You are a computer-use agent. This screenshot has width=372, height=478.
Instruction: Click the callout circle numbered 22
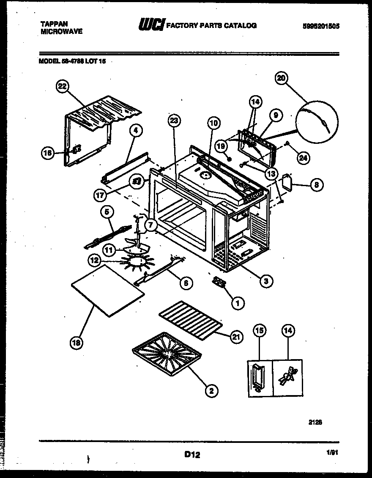click(62, 86)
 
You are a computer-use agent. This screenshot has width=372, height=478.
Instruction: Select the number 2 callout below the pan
click(211, 390)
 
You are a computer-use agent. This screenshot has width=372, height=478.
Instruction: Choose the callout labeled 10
click(214, 123)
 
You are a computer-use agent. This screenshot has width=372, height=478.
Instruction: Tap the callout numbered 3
click(265, 280)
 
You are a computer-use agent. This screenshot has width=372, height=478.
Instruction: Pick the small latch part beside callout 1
click(219, 282)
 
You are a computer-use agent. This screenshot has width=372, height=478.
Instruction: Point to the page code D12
click(192, 455)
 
